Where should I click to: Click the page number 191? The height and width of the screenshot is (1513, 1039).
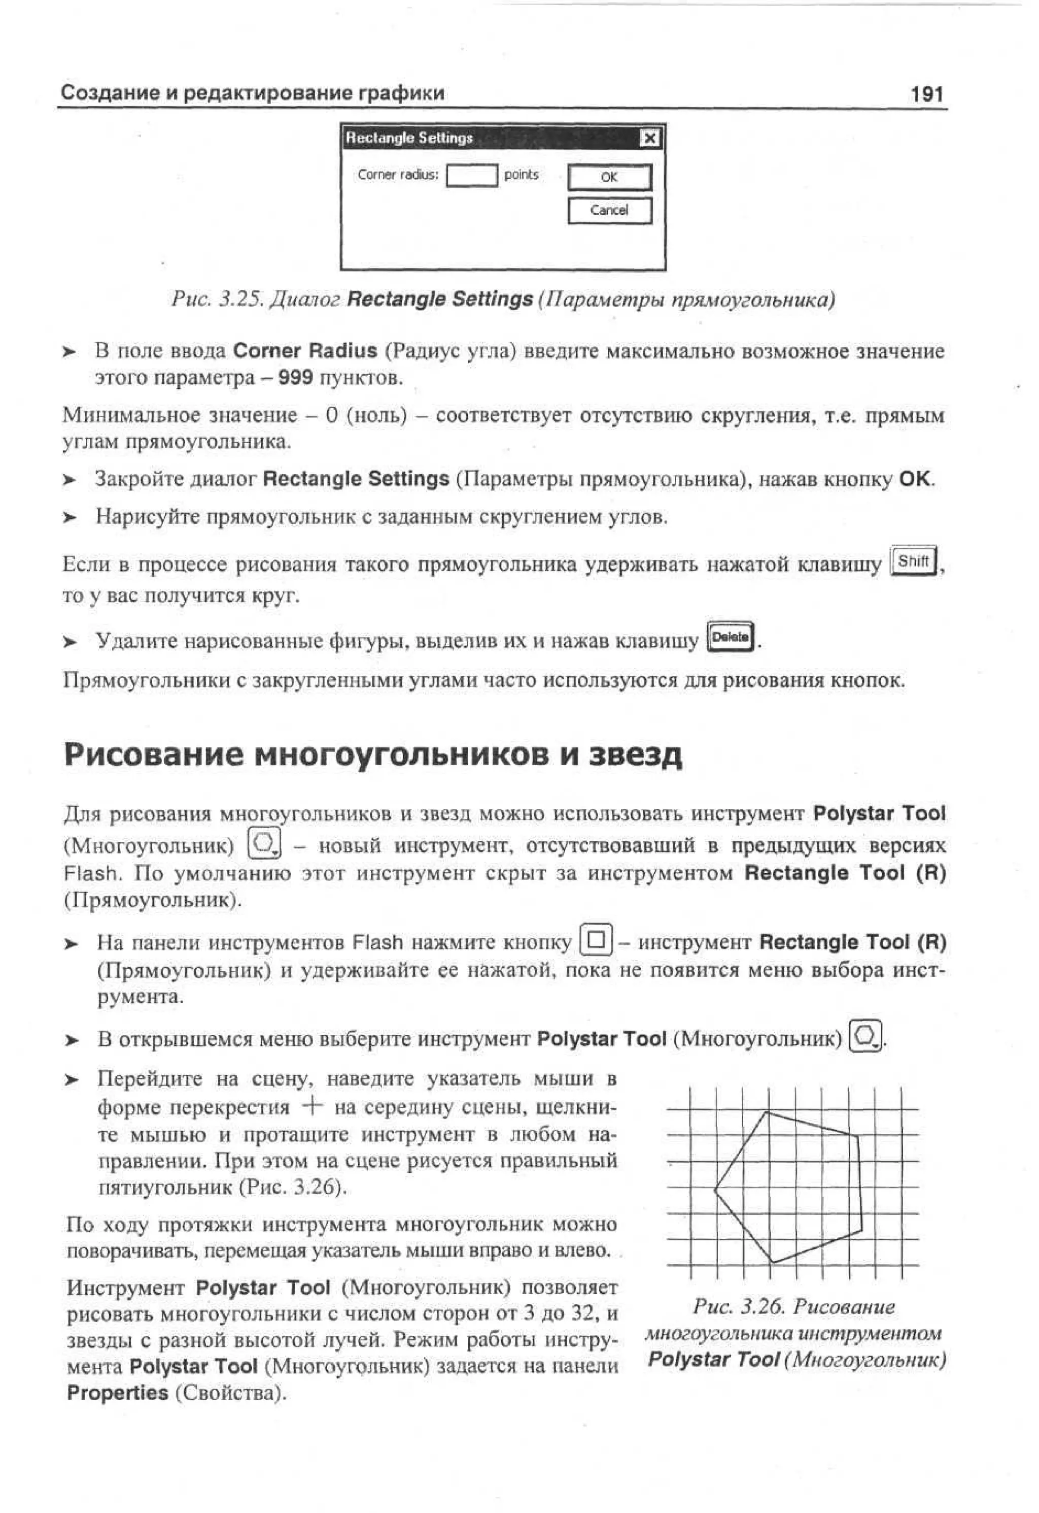pos(926,94)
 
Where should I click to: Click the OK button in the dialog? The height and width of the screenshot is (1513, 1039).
pos(609,177)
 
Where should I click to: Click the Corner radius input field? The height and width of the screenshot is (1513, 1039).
pos(471,176)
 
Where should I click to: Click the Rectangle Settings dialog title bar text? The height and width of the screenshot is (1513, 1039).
pos(409,138)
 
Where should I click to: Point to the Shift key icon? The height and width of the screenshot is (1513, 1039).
pos(913,561)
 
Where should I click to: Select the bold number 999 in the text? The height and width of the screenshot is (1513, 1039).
pos(295,378)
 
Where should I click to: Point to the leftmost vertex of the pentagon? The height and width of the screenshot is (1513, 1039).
pos(715,1190)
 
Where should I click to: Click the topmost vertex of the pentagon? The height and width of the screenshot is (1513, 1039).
pos(768,1112)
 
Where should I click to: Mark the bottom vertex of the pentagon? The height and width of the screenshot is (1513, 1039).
pos(773,1263)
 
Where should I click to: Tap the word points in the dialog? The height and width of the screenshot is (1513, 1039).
pos(521,175)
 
